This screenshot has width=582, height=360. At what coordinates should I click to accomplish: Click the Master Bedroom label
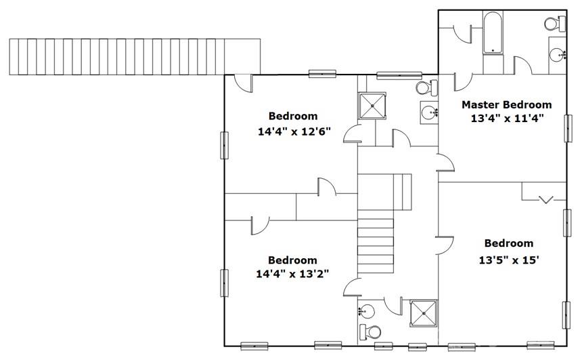pos(506,105)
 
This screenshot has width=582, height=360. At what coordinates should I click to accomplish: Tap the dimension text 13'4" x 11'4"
pos(507,119)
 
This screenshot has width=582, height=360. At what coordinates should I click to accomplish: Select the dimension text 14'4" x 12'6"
pos(294,132)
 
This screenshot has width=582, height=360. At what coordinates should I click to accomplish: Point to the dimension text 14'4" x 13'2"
pos(292,275)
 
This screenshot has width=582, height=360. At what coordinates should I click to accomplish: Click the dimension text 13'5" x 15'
pos(508,260)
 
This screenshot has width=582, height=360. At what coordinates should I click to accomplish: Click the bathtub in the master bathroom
pos(493,33)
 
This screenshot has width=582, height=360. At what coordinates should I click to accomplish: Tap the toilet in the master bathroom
pos(555,24)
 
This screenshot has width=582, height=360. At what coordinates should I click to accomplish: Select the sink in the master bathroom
pos(557,55)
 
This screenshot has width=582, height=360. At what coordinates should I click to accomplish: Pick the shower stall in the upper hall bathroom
pos(372,106)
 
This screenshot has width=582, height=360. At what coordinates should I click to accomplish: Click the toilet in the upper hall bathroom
pos(426,88)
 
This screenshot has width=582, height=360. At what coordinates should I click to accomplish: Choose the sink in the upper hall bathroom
pos(430,112)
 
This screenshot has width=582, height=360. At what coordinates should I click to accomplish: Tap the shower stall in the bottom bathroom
pos(424,313)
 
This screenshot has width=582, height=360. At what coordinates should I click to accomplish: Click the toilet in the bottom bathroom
pos(370,332)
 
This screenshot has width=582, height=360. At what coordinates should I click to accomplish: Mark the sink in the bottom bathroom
pos(366,310)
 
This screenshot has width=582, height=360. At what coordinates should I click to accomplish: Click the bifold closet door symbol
pos(545,200)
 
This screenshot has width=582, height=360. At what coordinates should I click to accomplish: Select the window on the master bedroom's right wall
pos(568,128)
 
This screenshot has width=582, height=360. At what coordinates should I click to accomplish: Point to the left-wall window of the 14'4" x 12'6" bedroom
pos(225,145)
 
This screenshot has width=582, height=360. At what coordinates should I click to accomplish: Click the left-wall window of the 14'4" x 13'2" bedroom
pos(225,283)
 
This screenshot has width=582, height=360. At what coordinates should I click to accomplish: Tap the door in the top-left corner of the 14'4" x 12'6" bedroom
pos(244,83)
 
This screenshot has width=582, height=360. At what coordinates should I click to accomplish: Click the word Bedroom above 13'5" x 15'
pos(509,243)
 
